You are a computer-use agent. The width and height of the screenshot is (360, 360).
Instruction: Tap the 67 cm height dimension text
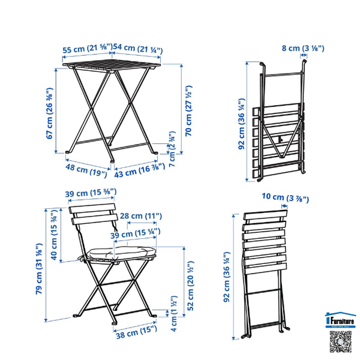[49, 114]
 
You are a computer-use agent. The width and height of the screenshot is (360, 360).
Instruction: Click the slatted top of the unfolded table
[112, 65]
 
